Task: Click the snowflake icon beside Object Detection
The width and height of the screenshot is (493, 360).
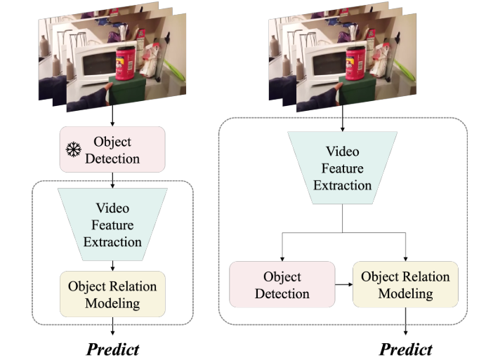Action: point(73,149)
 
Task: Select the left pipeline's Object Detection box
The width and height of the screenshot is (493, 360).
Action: point(112,149)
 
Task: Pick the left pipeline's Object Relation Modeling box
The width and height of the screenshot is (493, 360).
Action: point(112,294)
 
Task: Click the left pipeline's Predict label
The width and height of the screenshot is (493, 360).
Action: point(113,349)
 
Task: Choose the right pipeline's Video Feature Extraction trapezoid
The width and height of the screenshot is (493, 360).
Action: point(342,168)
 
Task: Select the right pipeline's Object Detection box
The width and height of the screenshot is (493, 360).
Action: point(282,284)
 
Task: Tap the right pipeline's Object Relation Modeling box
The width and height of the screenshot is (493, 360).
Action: point(405,284)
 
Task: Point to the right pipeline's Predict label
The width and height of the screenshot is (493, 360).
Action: point(406,349)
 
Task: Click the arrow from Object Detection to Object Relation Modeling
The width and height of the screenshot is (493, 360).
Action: point(343,286)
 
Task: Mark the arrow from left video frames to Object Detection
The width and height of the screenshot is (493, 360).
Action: point(112,116)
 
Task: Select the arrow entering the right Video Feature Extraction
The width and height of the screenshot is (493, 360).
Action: point(342,123)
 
